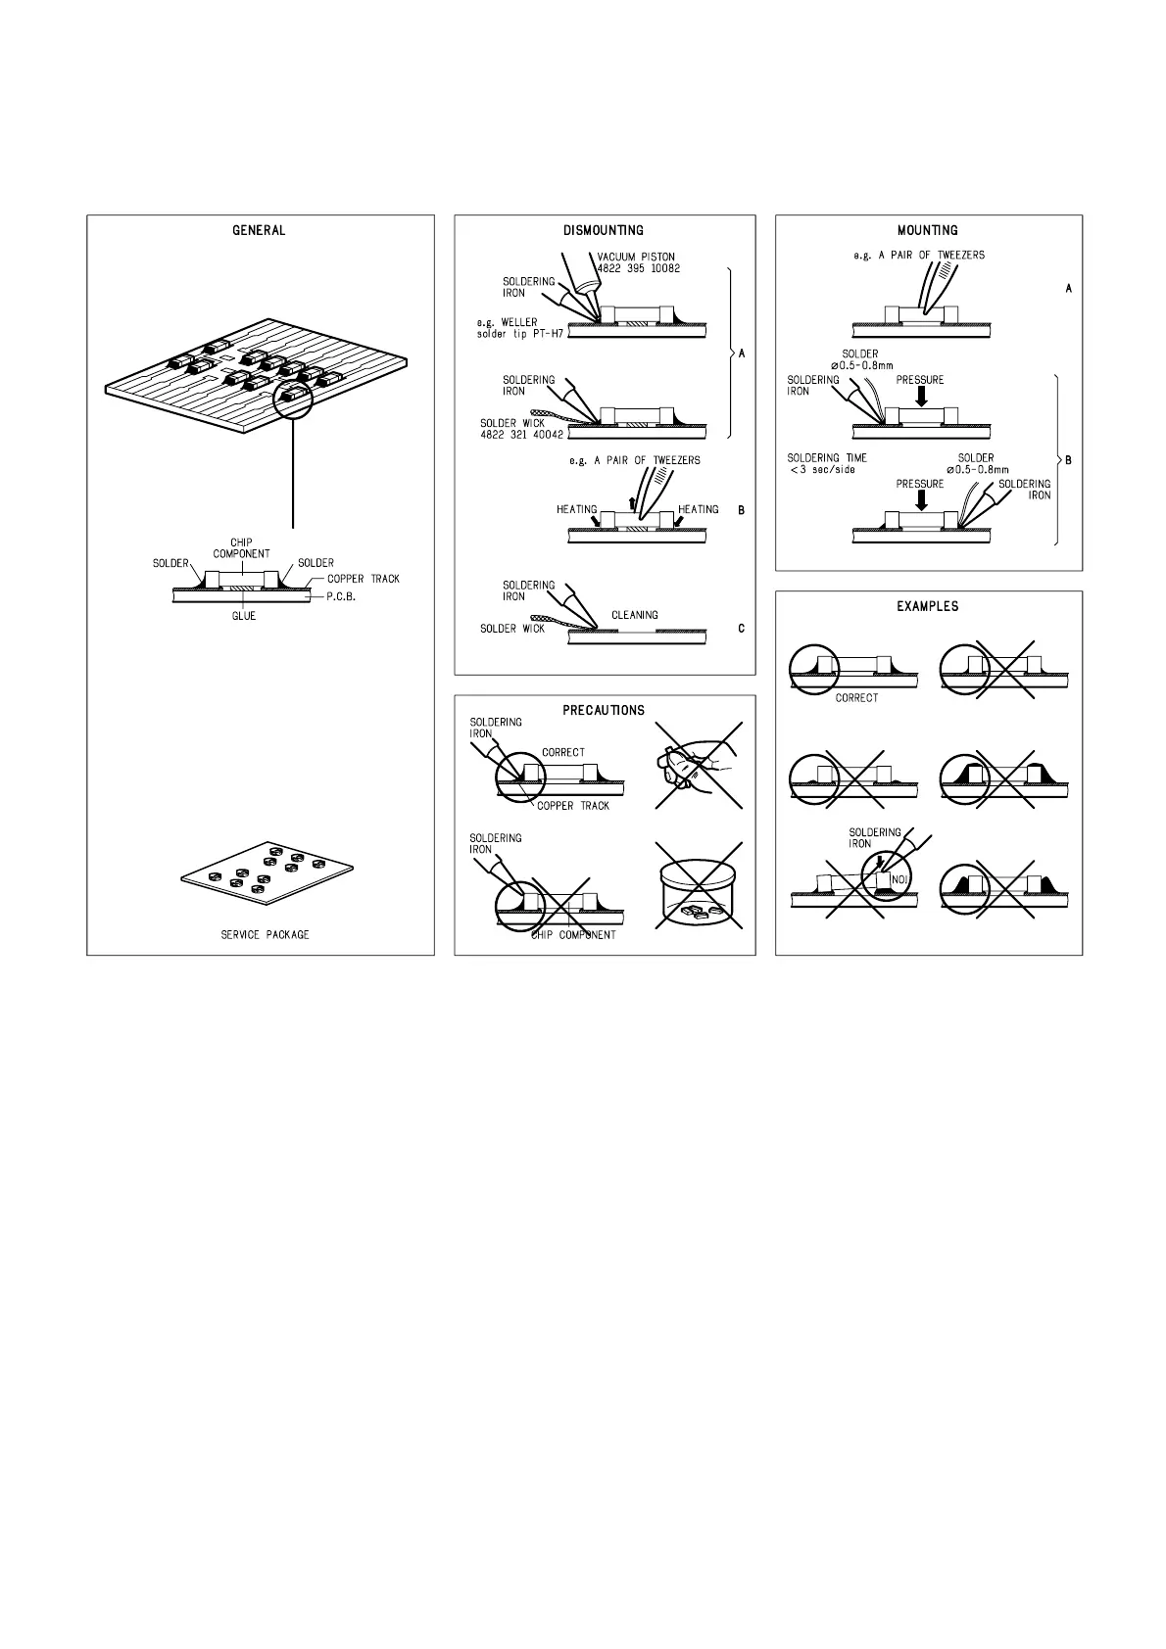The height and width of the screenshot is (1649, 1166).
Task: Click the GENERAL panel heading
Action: click(x=259, y=231)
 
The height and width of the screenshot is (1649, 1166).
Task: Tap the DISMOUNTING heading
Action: click(x=604, y=231)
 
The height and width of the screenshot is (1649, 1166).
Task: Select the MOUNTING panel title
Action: click(x=928, y=231)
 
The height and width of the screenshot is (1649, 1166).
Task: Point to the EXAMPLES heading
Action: click(x=928, y=606)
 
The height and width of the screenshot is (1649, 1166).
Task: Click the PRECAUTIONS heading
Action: click(x=604, y=710)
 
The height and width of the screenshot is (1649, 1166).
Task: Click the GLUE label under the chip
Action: click(x=244, y=616)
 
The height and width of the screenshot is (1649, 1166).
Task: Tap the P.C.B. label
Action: click(x=342, y=594)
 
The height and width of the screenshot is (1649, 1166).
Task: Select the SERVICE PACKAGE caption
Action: click(x=265, y=935)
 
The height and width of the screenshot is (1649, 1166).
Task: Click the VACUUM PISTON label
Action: click(x=636, y=258)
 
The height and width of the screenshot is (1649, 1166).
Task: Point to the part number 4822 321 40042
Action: click(x=521, y=435)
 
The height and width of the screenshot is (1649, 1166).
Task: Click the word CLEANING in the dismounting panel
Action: click(x=635, y=615)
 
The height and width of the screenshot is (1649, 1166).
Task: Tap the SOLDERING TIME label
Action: click(x=827, y=458)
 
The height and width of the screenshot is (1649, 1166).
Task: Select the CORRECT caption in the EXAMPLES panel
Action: click(x=856, y=698)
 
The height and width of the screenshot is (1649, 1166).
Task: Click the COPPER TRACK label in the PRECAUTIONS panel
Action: click(x=573, y=806)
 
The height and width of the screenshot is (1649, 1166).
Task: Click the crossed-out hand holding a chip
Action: click(x=697, y=766)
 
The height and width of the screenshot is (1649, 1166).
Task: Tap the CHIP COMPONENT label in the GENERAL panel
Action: click(x=241, y=548)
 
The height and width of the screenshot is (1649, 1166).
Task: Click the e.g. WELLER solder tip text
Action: click(x=512, y=328)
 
